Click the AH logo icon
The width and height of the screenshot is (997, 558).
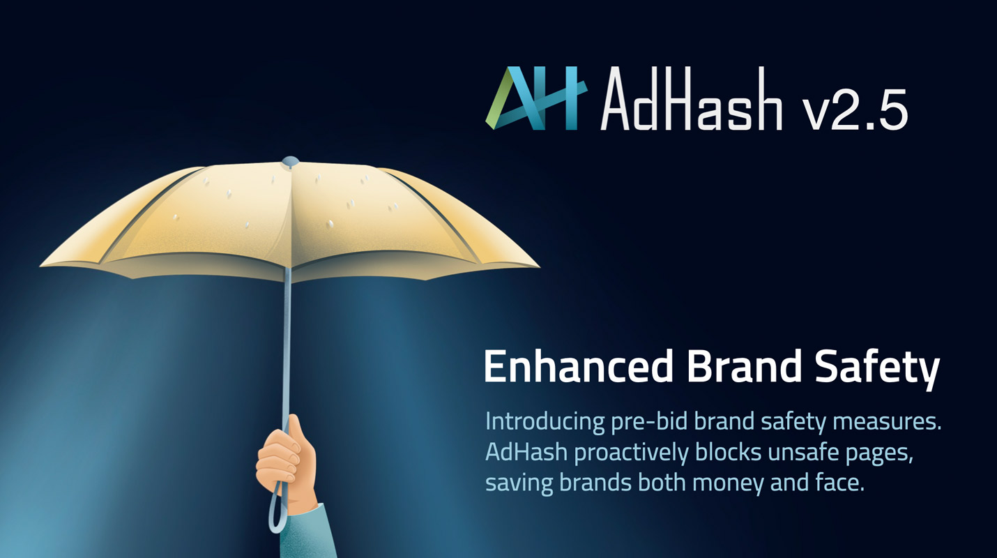click(536, 98)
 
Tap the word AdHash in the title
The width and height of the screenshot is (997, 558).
click(691, 98)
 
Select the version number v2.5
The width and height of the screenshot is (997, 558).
click(855, 109)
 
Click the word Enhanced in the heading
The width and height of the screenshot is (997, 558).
click(578, 366)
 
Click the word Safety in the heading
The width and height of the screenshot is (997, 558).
click(877, 370)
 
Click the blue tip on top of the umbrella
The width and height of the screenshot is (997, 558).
click(290, 161)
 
